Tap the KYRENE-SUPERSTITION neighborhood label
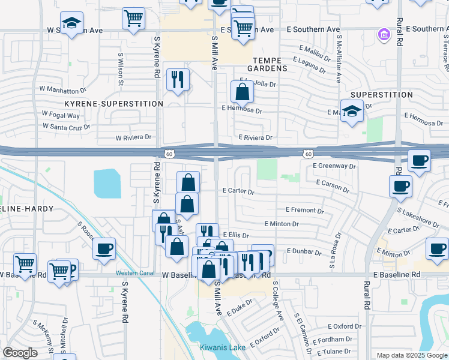(114, 104)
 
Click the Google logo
(20, 353)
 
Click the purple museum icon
(384, 36)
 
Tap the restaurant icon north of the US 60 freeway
(178, 80)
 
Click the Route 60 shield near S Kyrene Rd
(172, 154)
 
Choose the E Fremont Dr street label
(305, 211)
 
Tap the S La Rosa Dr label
(331, 256)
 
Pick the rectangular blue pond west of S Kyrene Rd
(107, 183)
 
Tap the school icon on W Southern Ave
(72, 25)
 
